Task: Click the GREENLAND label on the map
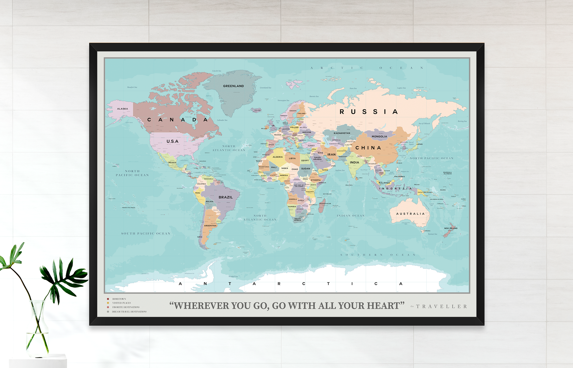[233, 86]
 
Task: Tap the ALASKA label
[122, 109]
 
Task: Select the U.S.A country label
[172, 141]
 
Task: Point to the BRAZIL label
[225, 197]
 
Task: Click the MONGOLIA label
[379, 137]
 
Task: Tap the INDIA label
[354, 162]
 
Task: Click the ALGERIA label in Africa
[278, 157]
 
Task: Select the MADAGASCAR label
[325, 203]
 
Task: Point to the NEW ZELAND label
[451, 228]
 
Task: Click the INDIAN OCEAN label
[351, 216]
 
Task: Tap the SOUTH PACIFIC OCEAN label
[146, 234]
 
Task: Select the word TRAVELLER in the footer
[442, 306]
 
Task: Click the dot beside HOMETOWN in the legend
[108, 299]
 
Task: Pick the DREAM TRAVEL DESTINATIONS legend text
[129, 312]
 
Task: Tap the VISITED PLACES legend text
[122, 303]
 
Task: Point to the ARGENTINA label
[210, 226]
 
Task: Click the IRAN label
[331, 155]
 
